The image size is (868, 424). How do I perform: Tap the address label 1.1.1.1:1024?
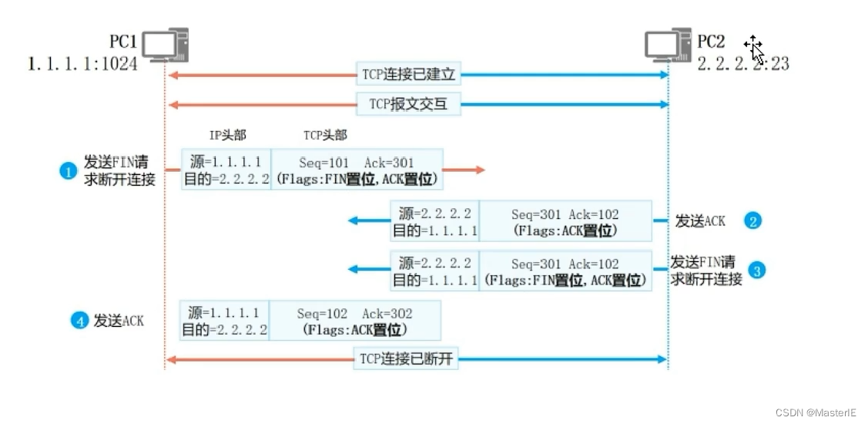pyautogui.click(x=82, y=64)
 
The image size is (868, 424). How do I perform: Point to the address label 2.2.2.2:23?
pyautogui.click(x=743, y=64)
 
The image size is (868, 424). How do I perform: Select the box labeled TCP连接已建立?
pyautogui.click(x=409, y=75)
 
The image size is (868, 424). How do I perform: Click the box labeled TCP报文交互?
pyautogui.click(x=409, y=103)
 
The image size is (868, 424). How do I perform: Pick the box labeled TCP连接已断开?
pyautogui.click(x=407, y=359)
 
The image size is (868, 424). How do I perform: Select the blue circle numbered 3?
pyautogui.click(x=757, y=271)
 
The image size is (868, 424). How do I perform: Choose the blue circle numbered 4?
pyautogui.click(x=79, y=321)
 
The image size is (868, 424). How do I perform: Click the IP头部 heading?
pyautogui.click(x=228, y=136)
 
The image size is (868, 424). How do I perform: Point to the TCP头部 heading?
pyautogui.click(x=325, y=136)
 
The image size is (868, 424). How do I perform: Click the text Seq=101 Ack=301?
pyautogui.click(x=355, y=163)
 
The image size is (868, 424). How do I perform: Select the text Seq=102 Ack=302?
pyautogui.click(x=354, y=314)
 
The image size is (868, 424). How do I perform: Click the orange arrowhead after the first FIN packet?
pyautogui.click(x=480, y=169)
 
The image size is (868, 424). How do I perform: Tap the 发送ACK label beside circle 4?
pyautogui.click(x=119, y=321)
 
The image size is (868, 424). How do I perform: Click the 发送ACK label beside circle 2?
pyautogui.click(x=700, y=221)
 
